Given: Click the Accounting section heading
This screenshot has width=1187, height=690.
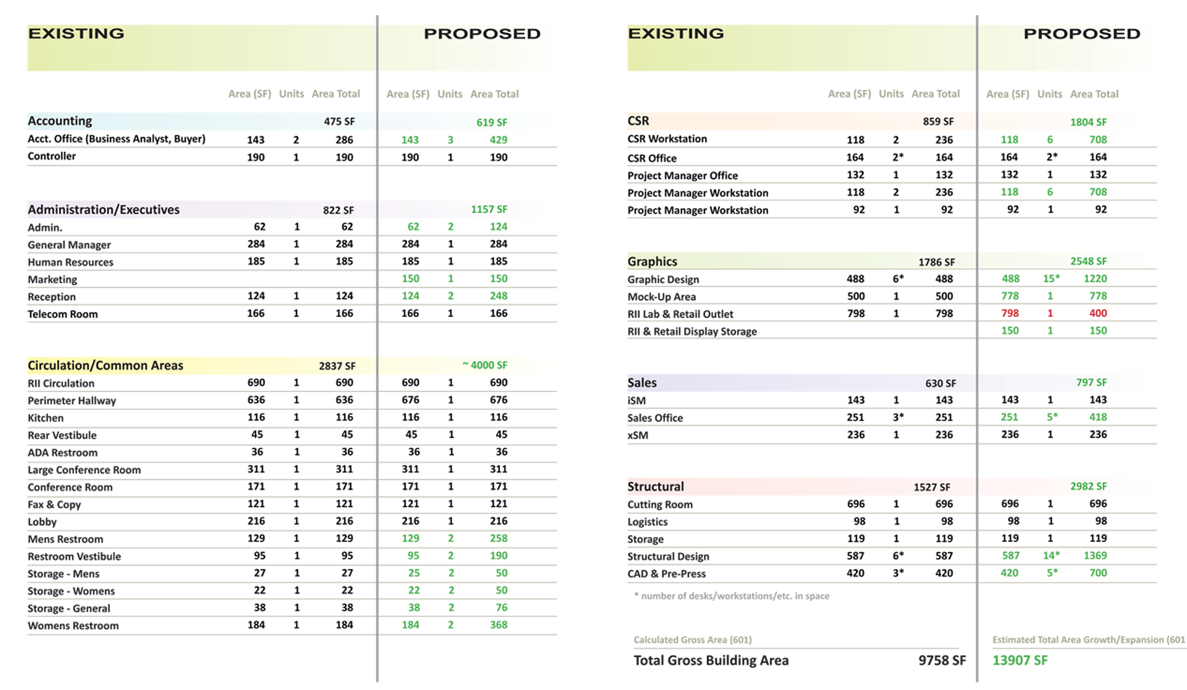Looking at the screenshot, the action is click(x=60, y=121).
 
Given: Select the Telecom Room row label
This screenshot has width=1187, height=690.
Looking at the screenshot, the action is click(x=62, y=314).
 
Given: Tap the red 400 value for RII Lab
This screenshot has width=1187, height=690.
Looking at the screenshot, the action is click(x=1098, y=313).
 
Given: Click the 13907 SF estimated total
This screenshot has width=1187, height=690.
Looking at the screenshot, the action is click(x=1020, y=660).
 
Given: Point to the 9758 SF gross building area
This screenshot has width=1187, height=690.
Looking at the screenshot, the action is click(x=942, y=660).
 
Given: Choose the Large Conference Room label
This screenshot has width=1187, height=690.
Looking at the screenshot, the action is click(x=84, y=470).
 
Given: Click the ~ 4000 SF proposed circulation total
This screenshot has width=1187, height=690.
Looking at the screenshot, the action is click(x=485, y=365).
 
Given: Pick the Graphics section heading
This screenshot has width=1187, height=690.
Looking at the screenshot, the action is click(x=652, y=262).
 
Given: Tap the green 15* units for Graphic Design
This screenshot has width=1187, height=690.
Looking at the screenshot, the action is click(x=1051, y=279).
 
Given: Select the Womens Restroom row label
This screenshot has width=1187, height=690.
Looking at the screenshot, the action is click(x=73, y=626).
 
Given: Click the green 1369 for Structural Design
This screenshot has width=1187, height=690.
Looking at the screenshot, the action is click(x=1095, y=556).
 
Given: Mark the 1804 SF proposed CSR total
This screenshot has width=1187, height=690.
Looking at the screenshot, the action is click(x=1089, y=122).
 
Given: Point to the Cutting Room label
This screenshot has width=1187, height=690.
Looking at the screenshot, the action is click(x=660, y=505).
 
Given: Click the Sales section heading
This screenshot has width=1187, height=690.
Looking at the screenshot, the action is click(x=642, y=383).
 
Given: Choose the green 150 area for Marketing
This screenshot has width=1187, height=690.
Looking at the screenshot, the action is click(x=411, y=279).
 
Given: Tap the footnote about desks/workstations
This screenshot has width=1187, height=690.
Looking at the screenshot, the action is click(x=732, y=596).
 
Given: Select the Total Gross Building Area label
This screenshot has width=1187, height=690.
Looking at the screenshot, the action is click(x=711, y=660).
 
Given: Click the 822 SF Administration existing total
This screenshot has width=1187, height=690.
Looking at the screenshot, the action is click(x=338, y=210).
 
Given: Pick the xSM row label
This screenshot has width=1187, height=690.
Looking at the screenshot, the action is click(x=638, y=435).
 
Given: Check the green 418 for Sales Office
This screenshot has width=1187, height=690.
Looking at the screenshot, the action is click(x=1098, y=417).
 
